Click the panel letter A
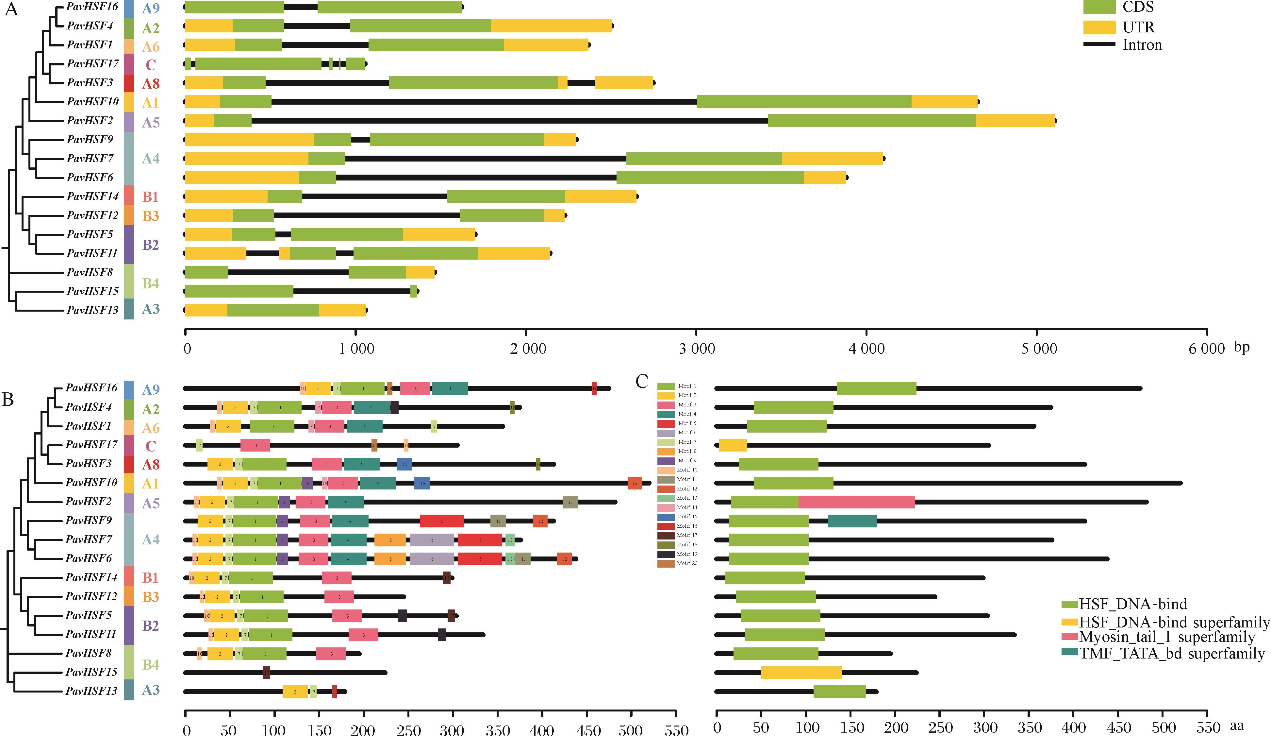(x=11, y=9)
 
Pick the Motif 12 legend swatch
(x=666, y=488)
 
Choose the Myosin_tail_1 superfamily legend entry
(x=1166, y=637)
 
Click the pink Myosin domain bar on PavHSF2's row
(x=856, y=502)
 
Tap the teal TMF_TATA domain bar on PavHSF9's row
(x=852, y=521)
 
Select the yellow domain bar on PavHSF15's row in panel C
(x=801, y=672)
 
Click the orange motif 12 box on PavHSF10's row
(x=635, y=483)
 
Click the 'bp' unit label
(x=1242, y=347)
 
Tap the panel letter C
(x=642, y=382)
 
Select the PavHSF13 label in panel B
(x=91, y=691)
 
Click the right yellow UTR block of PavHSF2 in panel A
(x=1015, y=121)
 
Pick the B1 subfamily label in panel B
(x=150, y=577)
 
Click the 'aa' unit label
(x=1237, y=726)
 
